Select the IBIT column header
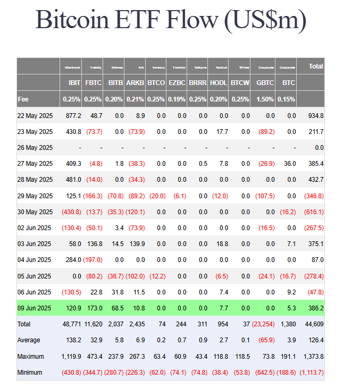click(x=74, y=83)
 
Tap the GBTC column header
click(x=265, y=83)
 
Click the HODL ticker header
click(x=219, y=83)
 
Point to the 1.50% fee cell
click(x=265, y=99)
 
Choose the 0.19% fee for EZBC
click(x=177, y=99)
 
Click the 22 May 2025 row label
click(x=35, y=116)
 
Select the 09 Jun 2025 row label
click(x=35, y=308)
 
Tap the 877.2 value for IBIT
click(x=73, y=116)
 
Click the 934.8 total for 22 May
click(x=315, y=116)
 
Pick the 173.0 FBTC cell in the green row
click(x=94, y=308)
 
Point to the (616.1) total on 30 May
click(x=313, y=212)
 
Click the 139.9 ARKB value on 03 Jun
click(x=136, y=244)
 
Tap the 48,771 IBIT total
click(x=72, y=324)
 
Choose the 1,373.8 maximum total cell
click(x=313, y=357)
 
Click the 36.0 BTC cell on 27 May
click(x=289, y=164)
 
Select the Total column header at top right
click(x=316, y=66)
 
